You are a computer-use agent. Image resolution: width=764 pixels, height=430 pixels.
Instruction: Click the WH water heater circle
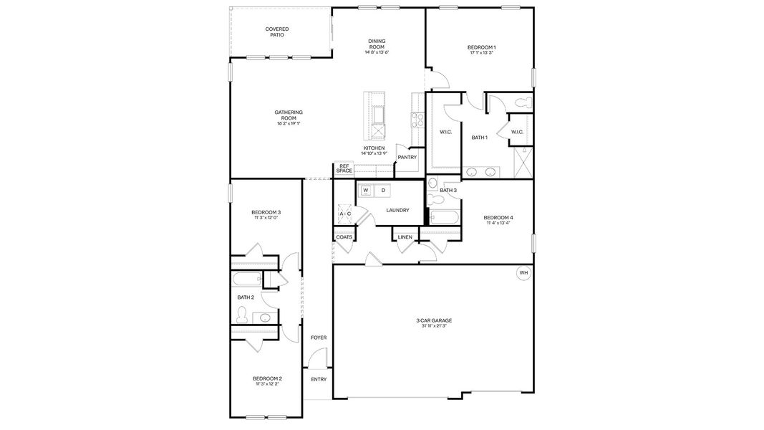pyautogui.click(x=523, y=273)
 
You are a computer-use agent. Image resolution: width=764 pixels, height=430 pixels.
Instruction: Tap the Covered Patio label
pyautogui.click(x=277, y=32)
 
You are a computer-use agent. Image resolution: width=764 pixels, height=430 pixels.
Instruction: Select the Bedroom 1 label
pyautogui.click(x=482, y=47)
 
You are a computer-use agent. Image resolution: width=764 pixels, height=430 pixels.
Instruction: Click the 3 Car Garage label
pyautogui.click(x=434, y=320)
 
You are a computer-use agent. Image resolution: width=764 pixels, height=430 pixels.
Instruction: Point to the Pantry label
pyautogui.click(x=407, y=157)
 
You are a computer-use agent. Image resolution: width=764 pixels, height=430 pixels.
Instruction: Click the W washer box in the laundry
pyautogui.click(x=367, y=191)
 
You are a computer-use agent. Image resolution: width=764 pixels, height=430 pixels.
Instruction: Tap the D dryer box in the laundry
pyautogui.click(x=383, y=191)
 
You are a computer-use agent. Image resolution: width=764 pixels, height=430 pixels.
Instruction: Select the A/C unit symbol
pyautogui.click(x=344, y=214)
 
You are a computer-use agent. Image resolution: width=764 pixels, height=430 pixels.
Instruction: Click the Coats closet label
pyautogui.click(x=344, y=237)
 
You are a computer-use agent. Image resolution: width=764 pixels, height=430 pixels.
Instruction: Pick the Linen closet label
pyautogui.click(x=405, y=237)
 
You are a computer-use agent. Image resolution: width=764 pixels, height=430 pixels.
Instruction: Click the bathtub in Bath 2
pyautogui.click(x=246, y=279)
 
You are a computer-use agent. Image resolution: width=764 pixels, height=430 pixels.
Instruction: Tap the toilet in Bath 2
pyautogui.click(x=243, y=314)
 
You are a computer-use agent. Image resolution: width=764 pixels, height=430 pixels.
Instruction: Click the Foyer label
pyautogui.click(x=318, y=338)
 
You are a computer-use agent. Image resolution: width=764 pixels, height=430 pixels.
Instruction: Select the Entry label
pyautogui.click(x=318, y=379)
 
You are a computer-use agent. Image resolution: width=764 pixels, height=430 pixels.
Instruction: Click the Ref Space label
pyautogui.click(x=344, y=168)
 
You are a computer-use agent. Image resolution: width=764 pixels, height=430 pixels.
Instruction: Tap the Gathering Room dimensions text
pyautogui.click(x=289, y=123)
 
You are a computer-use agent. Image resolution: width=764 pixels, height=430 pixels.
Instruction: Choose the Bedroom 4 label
pyautogui.click(x=498, y=217)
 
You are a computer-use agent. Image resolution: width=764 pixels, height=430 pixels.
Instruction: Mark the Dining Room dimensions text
pyautogui.click(x=377, y=52)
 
